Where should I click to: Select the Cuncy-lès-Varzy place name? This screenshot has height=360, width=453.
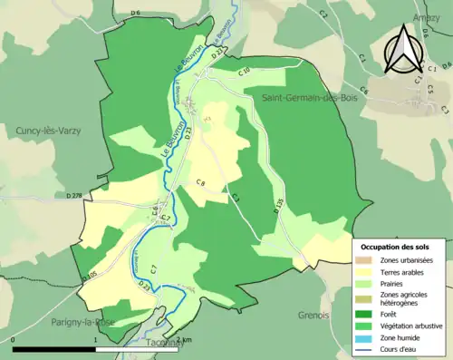48,131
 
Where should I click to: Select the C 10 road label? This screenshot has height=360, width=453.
244,71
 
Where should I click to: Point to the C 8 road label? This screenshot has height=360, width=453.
201,183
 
